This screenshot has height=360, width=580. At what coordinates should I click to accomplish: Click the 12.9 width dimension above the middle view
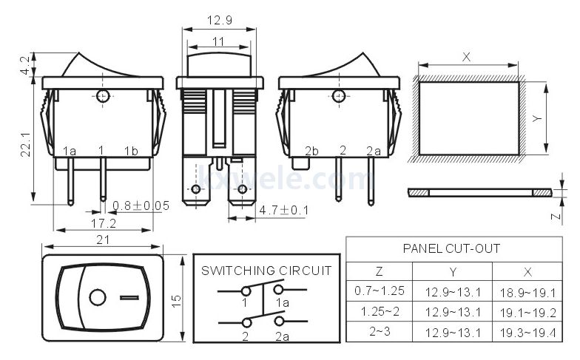[x=219, y=20]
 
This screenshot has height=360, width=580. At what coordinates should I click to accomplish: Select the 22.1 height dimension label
[x=25, y=144]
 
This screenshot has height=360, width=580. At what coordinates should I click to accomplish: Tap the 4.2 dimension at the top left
[x=25, y=65]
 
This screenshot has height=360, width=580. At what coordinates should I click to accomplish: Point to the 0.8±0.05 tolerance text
[x=141, y=206]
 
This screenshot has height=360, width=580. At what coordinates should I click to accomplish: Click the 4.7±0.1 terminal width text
[x=284, y=210]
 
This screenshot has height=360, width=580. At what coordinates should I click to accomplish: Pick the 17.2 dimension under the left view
[x=104, y=223]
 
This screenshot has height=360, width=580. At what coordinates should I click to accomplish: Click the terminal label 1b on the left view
[x=131, y=151]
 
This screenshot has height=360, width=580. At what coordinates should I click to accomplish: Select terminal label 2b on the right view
[x=311, y=151]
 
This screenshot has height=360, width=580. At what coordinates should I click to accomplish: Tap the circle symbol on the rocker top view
[x=98, y=297]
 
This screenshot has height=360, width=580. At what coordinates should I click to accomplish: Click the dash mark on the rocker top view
[x=129, y=297]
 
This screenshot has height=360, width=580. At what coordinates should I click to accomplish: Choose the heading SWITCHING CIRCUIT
[x=266, y=271]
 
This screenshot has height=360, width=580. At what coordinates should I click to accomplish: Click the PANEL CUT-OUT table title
[x=451, y=248]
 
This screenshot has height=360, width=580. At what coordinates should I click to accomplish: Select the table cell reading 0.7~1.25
[x=379, y=291]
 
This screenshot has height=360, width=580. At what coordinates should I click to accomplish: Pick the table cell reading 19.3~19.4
[x=528, y=333]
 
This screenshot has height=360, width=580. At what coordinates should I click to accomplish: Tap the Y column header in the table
[x=453, y=272]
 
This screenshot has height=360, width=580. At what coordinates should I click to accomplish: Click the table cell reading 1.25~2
[x=380, y=311]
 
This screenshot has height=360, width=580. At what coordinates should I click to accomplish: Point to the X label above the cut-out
[x=466, y=57]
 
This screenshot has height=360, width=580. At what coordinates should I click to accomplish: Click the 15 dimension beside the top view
[x=176, y=300]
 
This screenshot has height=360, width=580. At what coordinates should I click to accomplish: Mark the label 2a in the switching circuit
[x=283, y=336]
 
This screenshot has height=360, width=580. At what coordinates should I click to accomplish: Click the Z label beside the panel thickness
[x=556, y=216]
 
